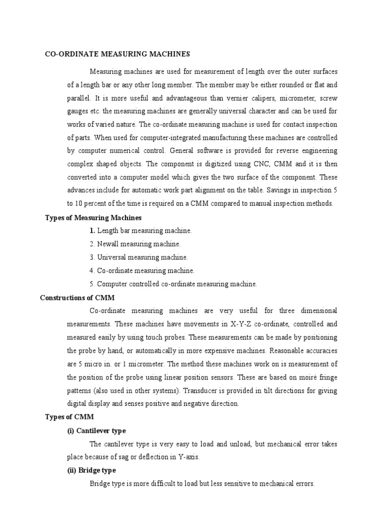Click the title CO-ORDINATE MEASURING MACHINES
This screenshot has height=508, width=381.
coord(118,54)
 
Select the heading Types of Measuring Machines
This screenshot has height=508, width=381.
coord(93,217)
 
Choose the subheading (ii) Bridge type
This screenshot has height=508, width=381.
coord(92,470)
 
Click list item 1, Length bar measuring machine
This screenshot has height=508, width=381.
coord(141,231)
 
